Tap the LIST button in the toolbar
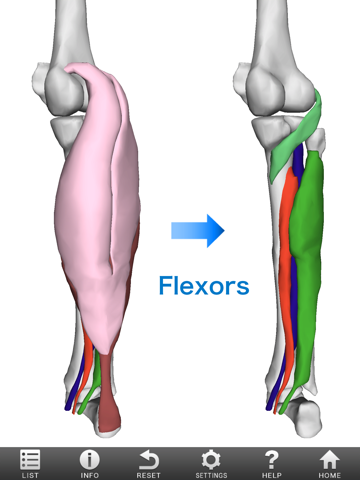30,463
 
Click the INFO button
89,463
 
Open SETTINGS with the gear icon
211,463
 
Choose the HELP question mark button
271,463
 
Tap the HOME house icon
330,463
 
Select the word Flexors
204,287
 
